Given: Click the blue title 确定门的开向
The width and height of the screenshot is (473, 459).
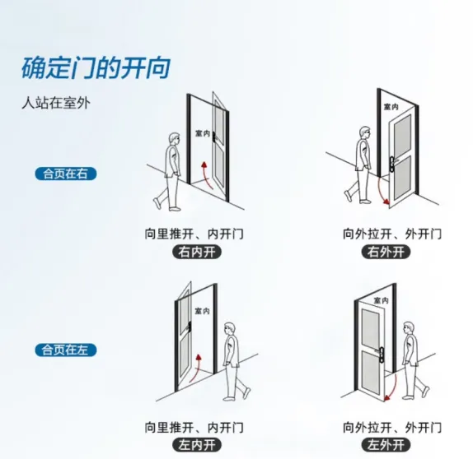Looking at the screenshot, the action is [x=96, y=67].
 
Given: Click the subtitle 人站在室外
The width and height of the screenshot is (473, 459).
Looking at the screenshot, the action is [x=56, y=103].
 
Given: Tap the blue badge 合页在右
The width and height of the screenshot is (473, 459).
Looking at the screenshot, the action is [x=66, y=174].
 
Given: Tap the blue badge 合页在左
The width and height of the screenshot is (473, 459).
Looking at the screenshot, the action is [x=66, y=350].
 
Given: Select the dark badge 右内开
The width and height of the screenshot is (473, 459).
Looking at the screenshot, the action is [x=197, y=252].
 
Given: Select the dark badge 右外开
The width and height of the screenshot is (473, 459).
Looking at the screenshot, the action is [x=386, y=252].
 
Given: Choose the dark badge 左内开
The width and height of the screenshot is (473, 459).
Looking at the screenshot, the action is [x=197, y=445].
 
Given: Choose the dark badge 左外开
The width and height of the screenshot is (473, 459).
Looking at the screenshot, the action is [x=386, y=445].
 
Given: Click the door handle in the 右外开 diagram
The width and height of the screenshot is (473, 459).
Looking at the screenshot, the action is [x=393, y=164].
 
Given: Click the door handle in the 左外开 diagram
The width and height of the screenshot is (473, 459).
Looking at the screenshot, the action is [x=381, y=355].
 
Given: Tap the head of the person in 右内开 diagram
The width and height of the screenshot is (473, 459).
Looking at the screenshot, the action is [x=174, y=140].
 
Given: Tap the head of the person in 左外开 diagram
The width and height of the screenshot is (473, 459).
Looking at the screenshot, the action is [x=409, y=329].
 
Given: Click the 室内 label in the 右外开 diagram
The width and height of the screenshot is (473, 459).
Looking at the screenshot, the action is [x=391, y=106].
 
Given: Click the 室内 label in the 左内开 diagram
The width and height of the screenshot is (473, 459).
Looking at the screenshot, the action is [x=203, y=310].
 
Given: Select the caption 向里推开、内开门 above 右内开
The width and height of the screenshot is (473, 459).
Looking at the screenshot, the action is [x=194, y=234].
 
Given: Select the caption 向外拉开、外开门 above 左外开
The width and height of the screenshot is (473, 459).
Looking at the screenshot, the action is [x=392, y=428].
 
